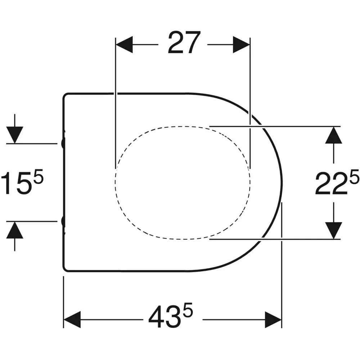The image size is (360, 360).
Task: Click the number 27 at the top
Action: tap(184, 43)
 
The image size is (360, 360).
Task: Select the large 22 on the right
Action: tap(332, 184)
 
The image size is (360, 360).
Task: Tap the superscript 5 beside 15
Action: tap(39, 176)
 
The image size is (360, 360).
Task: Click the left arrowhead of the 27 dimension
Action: tap(124, 45)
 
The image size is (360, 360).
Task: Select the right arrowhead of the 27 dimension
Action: tap(241, 45)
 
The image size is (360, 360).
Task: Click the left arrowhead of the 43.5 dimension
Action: tap(72, 319)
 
